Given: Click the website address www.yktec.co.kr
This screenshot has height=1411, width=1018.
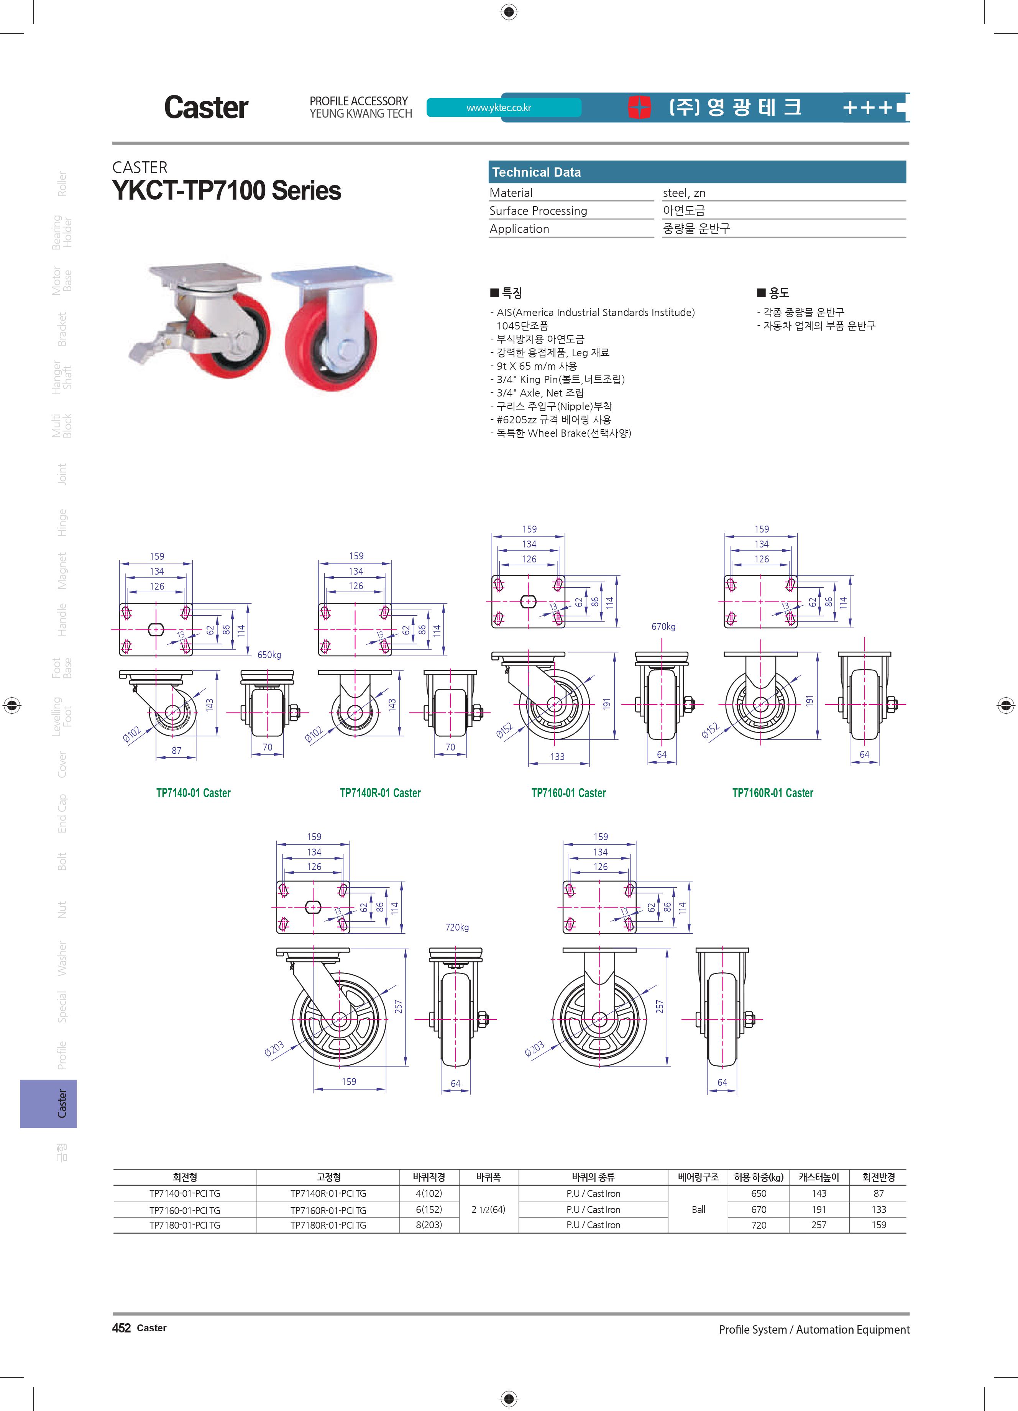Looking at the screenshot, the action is [x=498, y=108].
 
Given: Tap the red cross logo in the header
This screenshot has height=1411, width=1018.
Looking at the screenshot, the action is [x=639, y=107].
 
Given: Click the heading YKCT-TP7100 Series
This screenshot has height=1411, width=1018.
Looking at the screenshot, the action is [x=227, y=190].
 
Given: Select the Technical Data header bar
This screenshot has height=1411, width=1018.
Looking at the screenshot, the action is [x=697, y=172].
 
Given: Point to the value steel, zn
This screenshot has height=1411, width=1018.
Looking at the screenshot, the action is [x=684, y=193].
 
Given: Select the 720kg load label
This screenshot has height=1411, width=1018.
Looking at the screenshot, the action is [x=457, y=927].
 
